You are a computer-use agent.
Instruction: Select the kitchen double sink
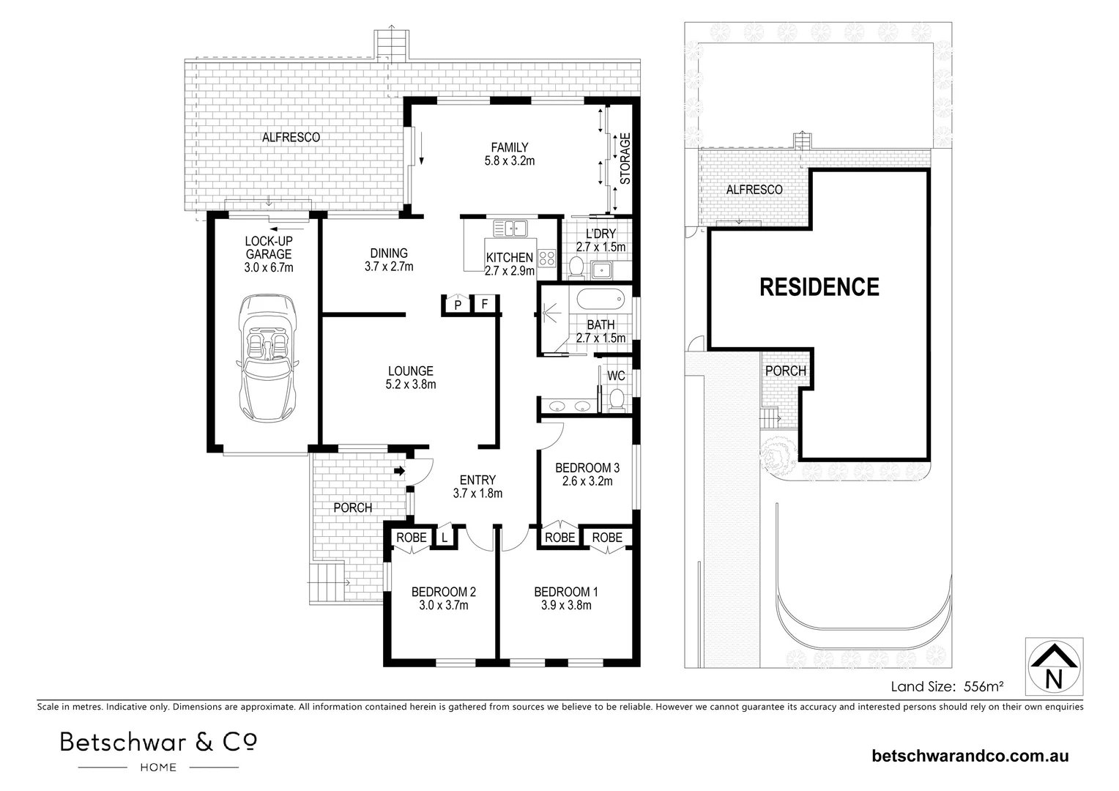point(510,229)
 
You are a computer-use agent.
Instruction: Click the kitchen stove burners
point(546,257)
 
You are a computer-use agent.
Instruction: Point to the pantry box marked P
point(458,305)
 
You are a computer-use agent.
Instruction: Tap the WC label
point(616,376)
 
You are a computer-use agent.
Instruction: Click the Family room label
point(510,147)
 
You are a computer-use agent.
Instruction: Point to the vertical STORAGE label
point(625,158)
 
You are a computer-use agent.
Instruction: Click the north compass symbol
point(1054,665)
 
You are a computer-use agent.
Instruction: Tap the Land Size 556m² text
point(946,686)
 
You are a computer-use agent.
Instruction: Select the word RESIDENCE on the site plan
point(819,286)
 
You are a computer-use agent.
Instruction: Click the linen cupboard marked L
point(444,538)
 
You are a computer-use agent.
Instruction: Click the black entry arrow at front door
point(399,471)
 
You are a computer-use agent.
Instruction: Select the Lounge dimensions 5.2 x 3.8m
point(411,384)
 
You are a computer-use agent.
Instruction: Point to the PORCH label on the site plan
point(785,371)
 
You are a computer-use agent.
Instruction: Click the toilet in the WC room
point(617,400)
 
